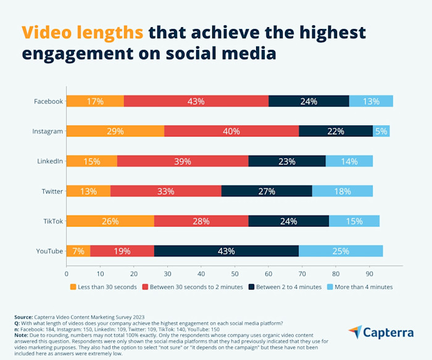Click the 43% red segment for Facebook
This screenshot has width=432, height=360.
[x=196, y=101]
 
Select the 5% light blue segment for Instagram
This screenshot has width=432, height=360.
[x=381, y=131]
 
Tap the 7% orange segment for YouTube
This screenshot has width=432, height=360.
[x=78, y=251]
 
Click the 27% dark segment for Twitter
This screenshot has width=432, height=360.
[x=267, y=191]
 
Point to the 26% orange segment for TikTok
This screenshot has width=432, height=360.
[x=110, y=221]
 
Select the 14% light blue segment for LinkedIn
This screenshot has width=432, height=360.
[x=349, y=161]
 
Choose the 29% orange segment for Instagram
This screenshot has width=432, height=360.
[x=115, y=131]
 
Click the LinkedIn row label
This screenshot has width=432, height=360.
[x=49, y=161]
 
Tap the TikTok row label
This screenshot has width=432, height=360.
[x=52, y=221]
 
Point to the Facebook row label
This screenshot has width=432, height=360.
[x=48, y=101]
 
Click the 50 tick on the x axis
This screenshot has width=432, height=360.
[x=235, y=272]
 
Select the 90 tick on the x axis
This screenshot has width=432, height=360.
[x=369, y=272]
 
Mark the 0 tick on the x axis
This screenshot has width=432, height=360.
[x=67, y=272]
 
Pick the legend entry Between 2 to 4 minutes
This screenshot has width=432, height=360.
[x=286, y=287]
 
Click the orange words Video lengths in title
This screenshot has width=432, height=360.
[x=83, y=32]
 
